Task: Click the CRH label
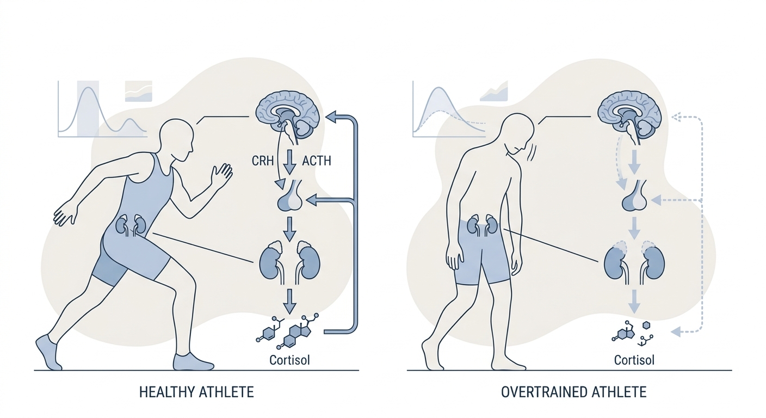tap(263, 161)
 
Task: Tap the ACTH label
tap(317, 161)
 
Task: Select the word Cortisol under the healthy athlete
tap(289, 360)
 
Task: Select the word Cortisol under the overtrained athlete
tap(634, 360)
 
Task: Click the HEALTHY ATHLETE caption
tap(196, 392)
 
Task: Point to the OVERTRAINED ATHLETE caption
tap(574, 392)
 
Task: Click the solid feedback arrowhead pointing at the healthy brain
tap(331, 118)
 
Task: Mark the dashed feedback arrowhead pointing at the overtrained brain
tap(676, 118)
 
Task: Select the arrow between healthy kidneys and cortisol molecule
tap(289, 302)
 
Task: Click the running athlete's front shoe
tap(193, 362)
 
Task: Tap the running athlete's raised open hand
tap(221, 175)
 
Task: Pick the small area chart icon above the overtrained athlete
tap(494, 91)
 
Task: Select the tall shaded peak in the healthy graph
tap(88, 109)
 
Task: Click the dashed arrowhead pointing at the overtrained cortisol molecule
tap(676, 331)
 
